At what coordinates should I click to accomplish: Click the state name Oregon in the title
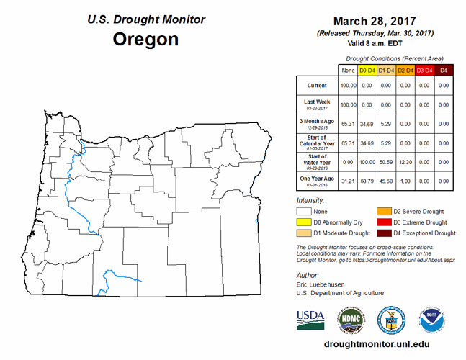145,39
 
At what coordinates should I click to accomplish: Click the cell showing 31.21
348,180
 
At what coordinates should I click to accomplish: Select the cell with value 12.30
405,161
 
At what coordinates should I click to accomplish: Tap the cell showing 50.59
387,161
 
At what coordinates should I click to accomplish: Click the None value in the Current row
348,86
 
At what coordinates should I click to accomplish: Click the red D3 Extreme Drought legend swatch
383,222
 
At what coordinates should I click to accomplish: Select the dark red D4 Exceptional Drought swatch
383,233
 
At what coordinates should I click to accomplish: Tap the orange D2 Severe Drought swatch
383,212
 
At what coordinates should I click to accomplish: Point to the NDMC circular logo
351,318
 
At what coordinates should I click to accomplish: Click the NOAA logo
433,318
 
